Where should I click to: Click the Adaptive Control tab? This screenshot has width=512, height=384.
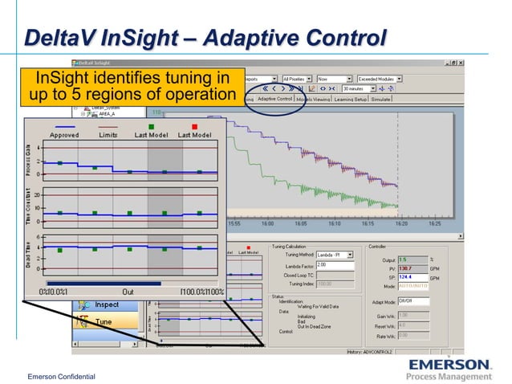pos(274,99)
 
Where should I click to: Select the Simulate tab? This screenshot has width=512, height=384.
pos(380,99)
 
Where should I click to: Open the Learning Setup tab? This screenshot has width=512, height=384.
pos(349,99)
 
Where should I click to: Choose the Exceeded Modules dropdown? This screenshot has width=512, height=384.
pos(381,80)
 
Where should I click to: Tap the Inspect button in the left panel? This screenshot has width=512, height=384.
pos(107,304)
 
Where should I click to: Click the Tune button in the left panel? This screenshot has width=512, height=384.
pos(104,321)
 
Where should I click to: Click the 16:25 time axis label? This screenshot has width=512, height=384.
pos(434,225)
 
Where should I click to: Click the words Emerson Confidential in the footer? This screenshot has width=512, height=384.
pos(61,377)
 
